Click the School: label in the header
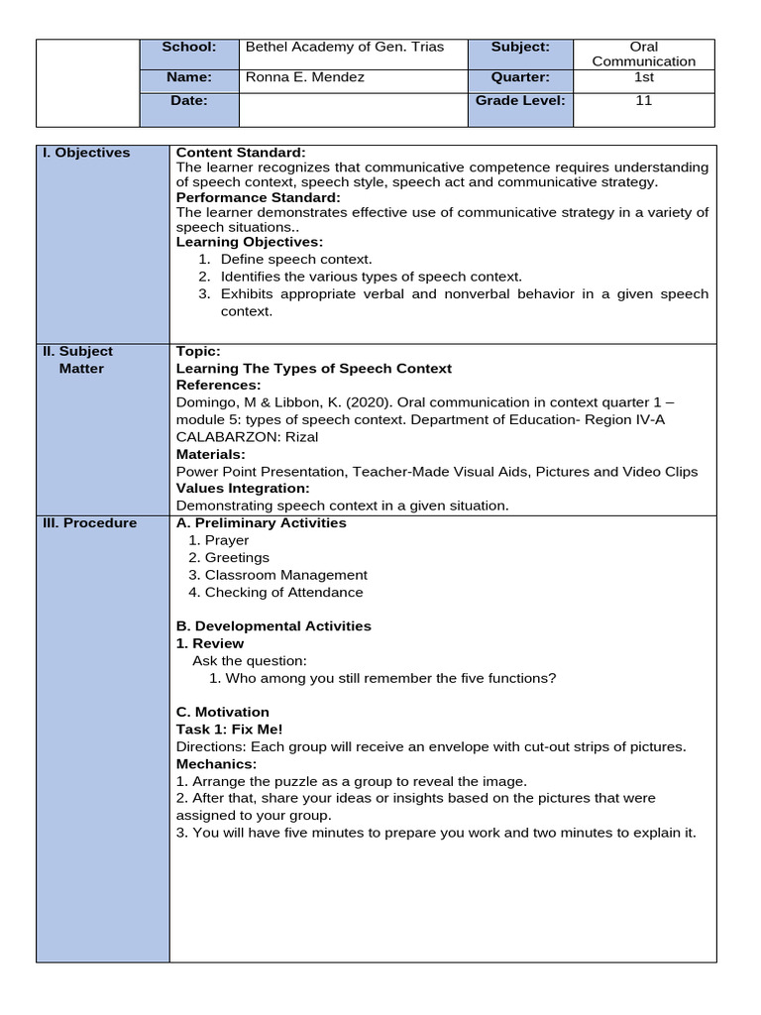pyautogui.click(x=189, y=47)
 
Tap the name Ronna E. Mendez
pyautogui.click(x=305, y=76)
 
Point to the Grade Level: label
pyautogui.click(x=520, y=100)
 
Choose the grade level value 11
pyautogui.click(x=644, y=100)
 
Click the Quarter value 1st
pyautogui.click(x=644, y=76)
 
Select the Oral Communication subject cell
pyautogui.click(x=644, y=54)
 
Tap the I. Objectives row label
pyautogui.click(x=87, y=153)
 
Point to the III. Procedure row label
pyautogui.click(x=90, y=523)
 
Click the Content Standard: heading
pyautogui.click(x=241, y=153)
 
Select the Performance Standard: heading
pyautogui.click(x=258, y=197)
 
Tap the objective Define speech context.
pyautogui.click(x=296, y=260)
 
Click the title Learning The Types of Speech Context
pyautogui.click(x=313, y=369)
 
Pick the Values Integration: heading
pyautogui.click(x=243, y=489)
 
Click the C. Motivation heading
pyautogui.click(x=222, y=712)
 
